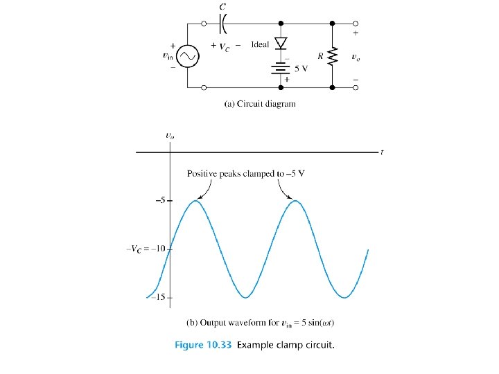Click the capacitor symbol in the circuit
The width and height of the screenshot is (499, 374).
tap(223, 24)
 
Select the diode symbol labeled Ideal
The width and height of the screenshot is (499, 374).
tap(281, 43)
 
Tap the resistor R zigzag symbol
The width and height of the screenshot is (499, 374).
tap(333, 55)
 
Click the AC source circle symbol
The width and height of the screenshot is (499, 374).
tap(187, 56)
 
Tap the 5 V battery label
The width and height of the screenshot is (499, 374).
tap(301, 69)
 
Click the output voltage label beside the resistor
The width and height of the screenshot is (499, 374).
tap(356, 56)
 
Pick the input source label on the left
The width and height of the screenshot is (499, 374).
tap(167, 56)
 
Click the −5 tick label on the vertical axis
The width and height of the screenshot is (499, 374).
tap(159, 201)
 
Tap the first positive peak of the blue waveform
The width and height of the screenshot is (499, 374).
tap(198, 201)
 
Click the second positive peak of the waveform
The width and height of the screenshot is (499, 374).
tap(296, 201)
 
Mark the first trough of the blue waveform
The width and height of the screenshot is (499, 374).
tap(246, 297)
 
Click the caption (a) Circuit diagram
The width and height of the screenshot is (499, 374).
tap(260, 104)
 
